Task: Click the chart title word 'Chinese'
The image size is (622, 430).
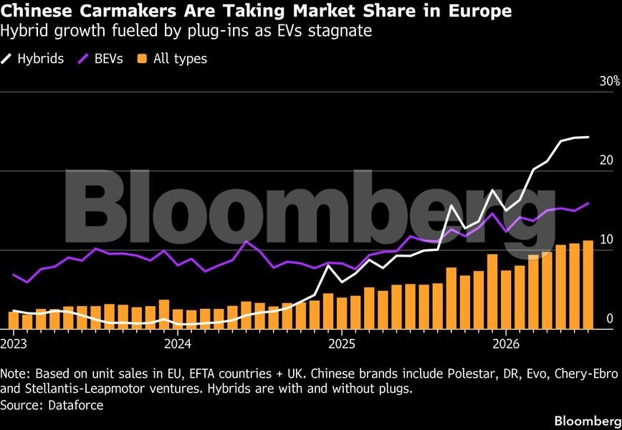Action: click(37, 11)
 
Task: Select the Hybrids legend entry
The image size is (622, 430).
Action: click(32, 59)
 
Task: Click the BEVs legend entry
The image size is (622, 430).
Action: click(100, 59)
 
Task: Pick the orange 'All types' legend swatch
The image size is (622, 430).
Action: click(142, 59)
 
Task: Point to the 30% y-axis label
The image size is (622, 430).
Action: click(610, 81)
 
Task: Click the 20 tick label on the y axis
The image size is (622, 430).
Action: click(607, 161)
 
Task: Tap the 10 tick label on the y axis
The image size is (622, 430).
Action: click(607, 239)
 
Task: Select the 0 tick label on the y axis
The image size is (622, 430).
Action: click(610, 318)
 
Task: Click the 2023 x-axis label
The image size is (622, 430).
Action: click(14, 343)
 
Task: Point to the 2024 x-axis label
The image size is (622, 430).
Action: click(178, 343)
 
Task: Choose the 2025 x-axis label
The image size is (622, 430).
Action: click(342, 343)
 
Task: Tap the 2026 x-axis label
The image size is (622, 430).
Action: click(506, 343)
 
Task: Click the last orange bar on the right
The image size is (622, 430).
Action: click(588, 285)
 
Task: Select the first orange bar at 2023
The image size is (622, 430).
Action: click(14, 320)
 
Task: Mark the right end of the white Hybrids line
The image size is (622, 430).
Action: click(588, 138)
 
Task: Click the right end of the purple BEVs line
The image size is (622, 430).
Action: click(588, 203)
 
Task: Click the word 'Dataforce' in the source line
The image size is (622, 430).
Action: click(76, 405)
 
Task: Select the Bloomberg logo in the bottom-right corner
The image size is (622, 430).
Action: click(588, 421)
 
